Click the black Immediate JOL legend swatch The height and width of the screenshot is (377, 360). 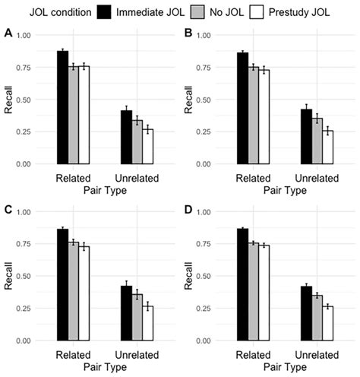(105, 12)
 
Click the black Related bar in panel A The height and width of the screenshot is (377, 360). (62, 107)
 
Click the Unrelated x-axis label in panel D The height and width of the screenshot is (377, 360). (318, 354)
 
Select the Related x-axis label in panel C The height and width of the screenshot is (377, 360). (73, 354)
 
